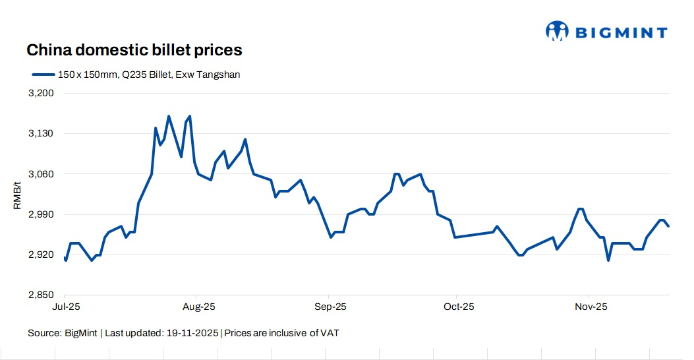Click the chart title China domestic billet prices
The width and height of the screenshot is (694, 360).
pos(134,50)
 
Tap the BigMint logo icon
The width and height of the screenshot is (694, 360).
pos(557,30)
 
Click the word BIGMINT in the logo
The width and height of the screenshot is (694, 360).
pos(622,32)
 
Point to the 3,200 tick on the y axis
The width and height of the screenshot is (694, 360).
pos(42,93)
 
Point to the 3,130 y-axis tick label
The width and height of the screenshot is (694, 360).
pos(42,134)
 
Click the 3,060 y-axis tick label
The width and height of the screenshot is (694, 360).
pos(42,174)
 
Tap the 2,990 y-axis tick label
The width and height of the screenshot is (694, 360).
pos(42,214)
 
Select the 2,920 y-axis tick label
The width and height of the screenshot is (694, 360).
pos(42,255)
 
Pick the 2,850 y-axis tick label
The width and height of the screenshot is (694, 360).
pos(42,295)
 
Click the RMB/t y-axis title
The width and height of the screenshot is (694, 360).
pos(17,195)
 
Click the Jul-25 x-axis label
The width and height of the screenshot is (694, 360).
pos(66,307)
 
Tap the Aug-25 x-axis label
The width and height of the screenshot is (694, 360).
pos(198,307)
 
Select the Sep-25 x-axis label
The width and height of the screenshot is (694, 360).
pos(331,307)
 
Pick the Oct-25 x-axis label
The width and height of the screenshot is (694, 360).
pos(459,307)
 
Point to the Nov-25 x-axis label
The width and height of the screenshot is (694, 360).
pos(591,307)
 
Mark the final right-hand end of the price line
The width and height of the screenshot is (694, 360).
pos(669,226)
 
